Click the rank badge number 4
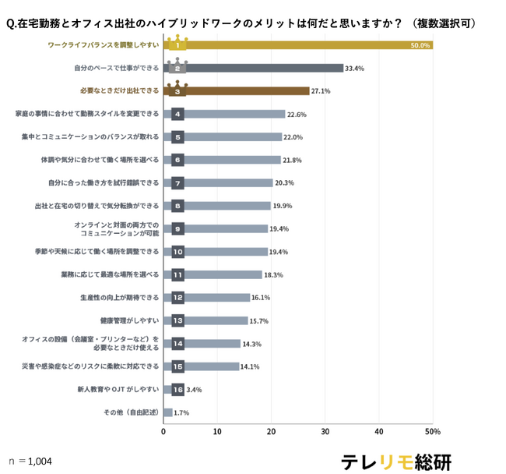coord(177,115)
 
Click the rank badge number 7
coord(177,183)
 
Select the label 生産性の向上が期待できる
coord(119,298)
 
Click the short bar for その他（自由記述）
coord(167,412)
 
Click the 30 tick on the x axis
coord(325,432)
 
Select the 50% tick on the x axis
coord(433,432)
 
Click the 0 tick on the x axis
coord(163,432)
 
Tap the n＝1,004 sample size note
coord(30,462)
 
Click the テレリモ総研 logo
coord(395,461)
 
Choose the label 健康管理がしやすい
coord(128,320)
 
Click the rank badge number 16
coord(177,389)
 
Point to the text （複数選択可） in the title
coord(444,23)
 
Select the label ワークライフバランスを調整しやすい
coord(104,45)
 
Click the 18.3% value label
coord(274,275)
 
